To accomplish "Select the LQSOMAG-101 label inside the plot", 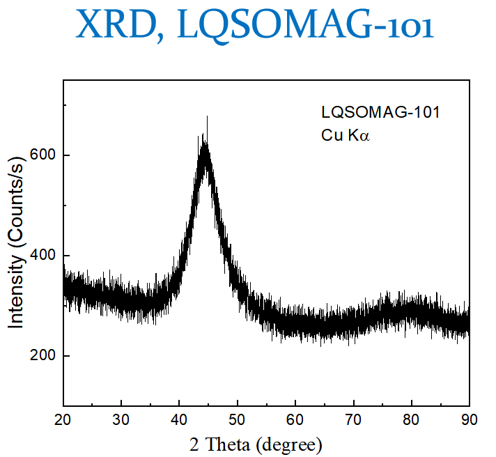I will [380, 112].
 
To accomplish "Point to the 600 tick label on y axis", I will [45, 155].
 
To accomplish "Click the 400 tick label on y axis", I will [45, 256].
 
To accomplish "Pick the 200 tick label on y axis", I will [45, 356].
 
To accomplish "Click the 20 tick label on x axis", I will [63, 420].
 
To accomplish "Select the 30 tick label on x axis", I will [121, 420].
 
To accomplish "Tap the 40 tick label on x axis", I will [179, 420].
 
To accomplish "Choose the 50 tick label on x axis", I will [238, 420].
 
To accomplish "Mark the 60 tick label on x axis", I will [295, 420].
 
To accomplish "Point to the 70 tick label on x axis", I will [353, 420].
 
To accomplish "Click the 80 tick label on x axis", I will [412, 420].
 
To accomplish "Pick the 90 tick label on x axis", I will [470, 420].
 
